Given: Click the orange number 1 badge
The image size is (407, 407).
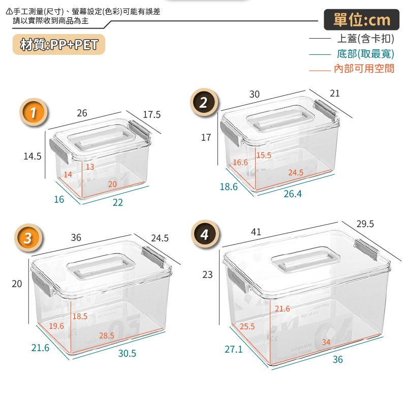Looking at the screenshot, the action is (33, 112).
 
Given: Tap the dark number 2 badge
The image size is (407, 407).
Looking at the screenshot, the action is (204, 102).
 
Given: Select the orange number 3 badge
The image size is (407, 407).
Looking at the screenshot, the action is (28, 238).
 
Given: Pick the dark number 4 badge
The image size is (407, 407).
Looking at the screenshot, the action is (205, 234).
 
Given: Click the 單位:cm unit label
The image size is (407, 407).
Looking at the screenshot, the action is (362, 20).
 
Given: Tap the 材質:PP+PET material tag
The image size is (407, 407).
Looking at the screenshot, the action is (59, 44).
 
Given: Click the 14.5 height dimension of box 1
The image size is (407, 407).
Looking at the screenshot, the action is (33, 156).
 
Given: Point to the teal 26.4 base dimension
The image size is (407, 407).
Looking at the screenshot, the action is (293, 194).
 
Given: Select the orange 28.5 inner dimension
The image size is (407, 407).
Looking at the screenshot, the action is (106, 336).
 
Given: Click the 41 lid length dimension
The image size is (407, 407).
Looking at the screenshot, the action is (256, 232).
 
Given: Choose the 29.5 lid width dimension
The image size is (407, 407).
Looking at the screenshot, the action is (365, 224).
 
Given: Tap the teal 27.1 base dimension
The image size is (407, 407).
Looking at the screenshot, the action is (233, 350).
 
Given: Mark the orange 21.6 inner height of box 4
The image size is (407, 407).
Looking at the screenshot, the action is (283, 308).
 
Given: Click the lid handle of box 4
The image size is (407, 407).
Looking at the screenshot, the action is (305, 260).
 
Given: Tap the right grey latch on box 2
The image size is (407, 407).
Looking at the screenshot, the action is (325, 110).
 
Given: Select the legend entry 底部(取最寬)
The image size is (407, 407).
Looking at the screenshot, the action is (365, 54).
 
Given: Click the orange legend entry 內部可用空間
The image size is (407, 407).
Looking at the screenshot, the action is (364, 69).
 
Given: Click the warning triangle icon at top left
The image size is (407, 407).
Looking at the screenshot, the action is (9, 11).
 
